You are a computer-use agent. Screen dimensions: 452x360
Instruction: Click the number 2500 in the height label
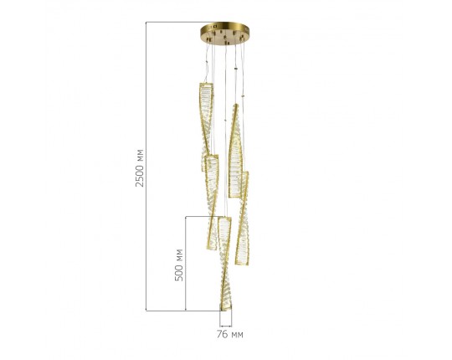[x=140, y=176]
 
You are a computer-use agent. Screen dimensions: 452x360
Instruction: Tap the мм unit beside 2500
[x=140, y=156]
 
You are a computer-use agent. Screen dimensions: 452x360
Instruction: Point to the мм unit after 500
[x=179, y=255]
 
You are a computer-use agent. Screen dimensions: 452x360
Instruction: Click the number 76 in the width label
[x=222, y=334]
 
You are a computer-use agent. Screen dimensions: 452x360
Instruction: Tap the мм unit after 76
[x=237, y=335]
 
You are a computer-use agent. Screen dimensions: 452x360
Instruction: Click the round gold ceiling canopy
[x=225, y=33]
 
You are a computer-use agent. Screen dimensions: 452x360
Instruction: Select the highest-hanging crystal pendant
[x=206, y=126]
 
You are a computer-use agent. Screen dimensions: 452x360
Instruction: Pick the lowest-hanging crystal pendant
[x=225, y=264]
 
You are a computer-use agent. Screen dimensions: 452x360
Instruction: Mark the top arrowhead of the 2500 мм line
[x=146, y=23]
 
